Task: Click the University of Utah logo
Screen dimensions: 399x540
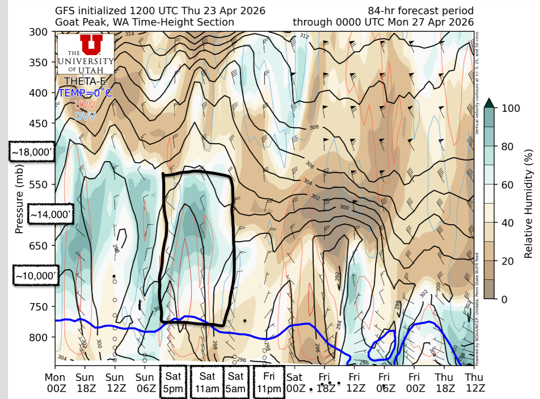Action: click(x=85, y=53)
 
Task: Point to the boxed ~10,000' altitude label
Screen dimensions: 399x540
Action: click(x=35, y=276)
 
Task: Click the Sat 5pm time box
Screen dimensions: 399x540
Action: click(x=173, y=382)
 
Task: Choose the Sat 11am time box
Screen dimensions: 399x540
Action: click(x=207, y=382)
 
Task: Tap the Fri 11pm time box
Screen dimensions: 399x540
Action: click(x=268, y=382)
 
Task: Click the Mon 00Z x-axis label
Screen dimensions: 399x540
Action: click(x=55, y=382)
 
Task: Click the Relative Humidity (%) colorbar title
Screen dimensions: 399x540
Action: click(x=529, y=203)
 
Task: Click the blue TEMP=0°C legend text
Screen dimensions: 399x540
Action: click(x=85, y=93)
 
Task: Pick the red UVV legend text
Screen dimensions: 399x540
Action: click(x=85, y=104)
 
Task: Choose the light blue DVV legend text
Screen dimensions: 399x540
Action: click(x=85, y=116)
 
